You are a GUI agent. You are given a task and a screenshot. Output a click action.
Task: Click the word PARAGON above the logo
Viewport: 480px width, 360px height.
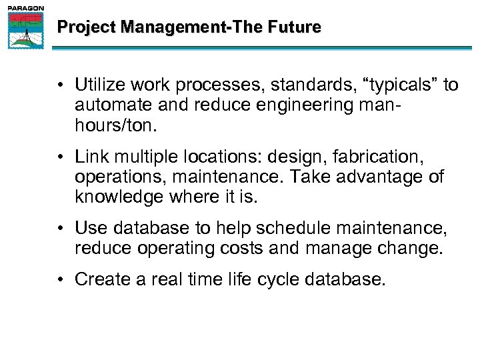pos(25,8)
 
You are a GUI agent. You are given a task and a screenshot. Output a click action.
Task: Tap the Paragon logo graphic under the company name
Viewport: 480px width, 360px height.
pos(25,31)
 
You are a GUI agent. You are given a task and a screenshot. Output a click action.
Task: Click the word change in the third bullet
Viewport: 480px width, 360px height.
pos(412,248)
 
